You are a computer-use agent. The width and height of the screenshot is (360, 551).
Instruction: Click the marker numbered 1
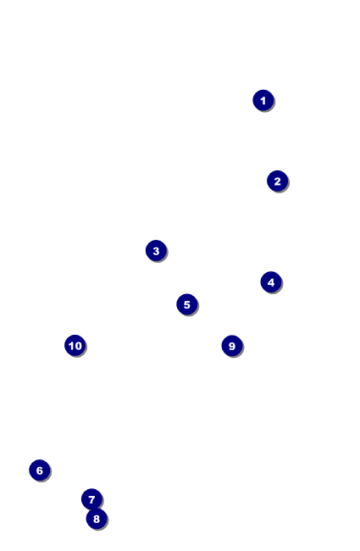coord(263,101)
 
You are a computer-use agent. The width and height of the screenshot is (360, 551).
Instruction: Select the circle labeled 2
coord(278,181)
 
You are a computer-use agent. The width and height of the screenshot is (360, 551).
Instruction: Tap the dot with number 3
coord(156,251)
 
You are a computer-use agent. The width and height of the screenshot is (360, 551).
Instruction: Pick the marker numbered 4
coord(271,281)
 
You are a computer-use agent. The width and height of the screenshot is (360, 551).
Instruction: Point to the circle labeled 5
coord(187,304)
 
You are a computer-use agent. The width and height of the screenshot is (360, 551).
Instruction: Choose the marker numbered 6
coord(39,470)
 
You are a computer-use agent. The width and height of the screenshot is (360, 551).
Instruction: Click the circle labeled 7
coord(91,499)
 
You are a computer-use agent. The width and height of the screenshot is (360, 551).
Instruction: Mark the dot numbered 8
coord(97,519)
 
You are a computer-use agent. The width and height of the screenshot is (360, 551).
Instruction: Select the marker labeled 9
coord(232,346)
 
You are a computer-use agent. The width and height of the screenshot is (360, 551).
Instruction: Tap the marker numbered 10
coord(75,345)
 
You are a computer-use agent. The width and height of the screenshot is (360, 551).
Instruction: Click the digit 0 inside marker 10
coord(78,346)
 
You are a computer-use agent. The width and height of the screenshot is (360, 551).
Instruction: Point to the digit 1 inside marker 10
coord(70,346)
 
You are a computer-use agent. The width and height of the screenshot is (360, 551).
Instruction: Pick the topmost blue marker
coord(263,101)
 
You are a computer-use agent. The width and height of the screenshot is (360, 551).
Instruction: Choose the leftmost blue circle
coord(39,470)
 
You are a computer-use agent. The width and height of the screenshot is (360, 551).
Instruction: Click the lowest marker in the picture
coord(97,519)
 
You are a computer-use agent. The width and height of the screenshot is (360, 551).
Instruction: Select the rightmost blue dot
coord(278,181)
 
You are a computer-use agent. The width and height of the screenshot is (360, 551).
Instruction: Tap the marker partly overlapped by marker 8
coord(91,499)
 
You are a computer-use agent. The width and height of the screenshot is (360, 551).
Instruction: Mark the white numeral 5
coord(187,304)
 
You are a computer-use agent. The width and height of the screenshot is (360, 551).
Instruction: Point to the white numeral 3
coord(156,251)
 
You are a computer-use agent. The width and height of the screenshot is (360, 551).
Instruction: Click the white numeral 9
coord(232,346)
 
